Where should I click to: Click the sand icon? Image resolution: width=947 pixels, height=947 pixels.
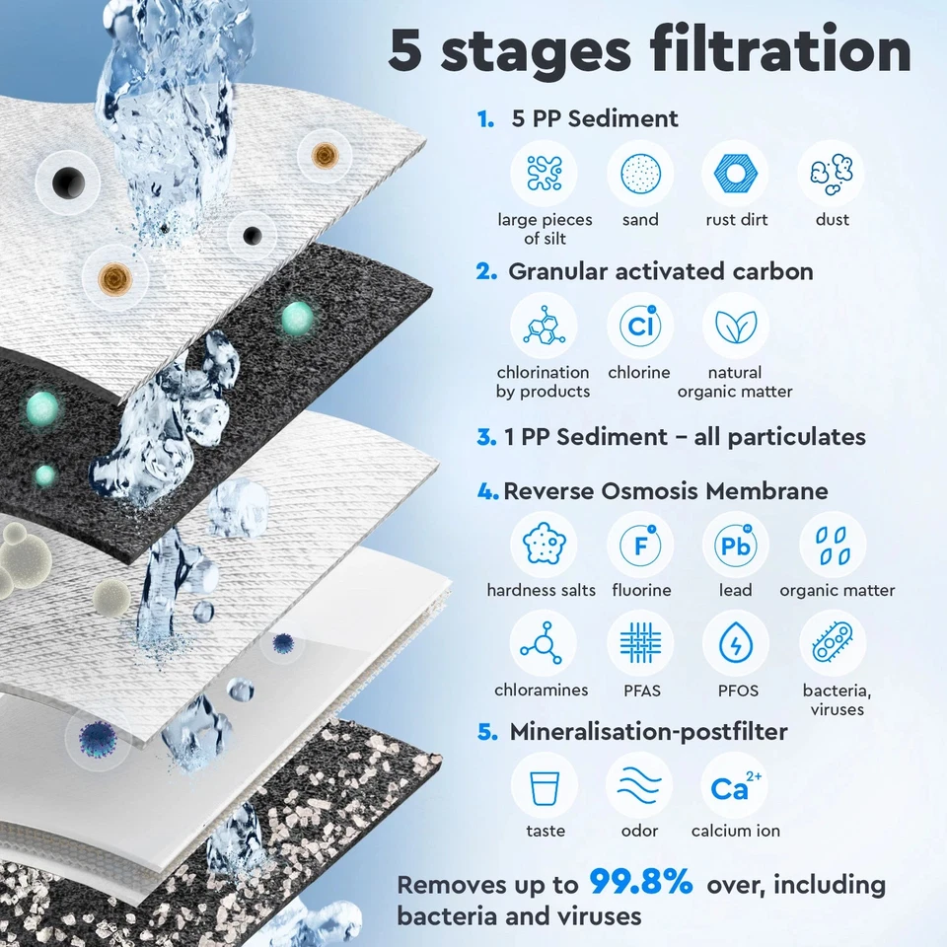coord(640,174)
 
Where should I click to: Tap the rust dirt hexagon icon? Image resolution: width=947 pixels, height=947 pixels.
coord(736,174)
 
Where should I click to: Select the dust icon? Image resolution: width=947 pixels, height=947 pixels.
coord(832,174)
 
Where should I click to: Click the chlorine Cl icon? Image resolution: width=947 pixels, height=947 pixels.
coord(639,327)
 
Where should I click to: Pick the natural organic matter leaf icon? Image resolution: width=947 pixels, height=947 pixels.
coord(735,327)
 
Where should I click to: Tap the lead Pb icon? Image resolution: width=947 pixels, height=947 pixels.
coord(735,545)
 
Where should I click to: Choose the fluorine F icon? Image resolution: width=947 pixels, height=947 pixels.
coord(640,545)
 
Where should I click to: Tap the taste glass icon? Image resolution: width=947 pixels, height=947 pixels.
coord(545,786)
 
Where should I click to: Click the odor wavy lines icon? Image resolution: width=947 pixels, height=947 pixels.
coord(639,786)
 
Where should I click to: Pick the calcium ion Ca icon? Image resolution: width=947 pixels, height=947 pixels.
coord(735,786)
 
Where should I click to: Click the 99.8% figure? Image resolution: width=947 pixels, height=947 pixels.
coord(641,883)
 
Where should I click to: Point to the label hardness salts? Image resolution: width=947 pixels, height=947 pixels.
coord(541,591)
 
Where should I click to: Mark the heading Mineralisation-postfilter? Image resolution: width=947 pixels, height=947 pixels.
coord(648,732)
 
